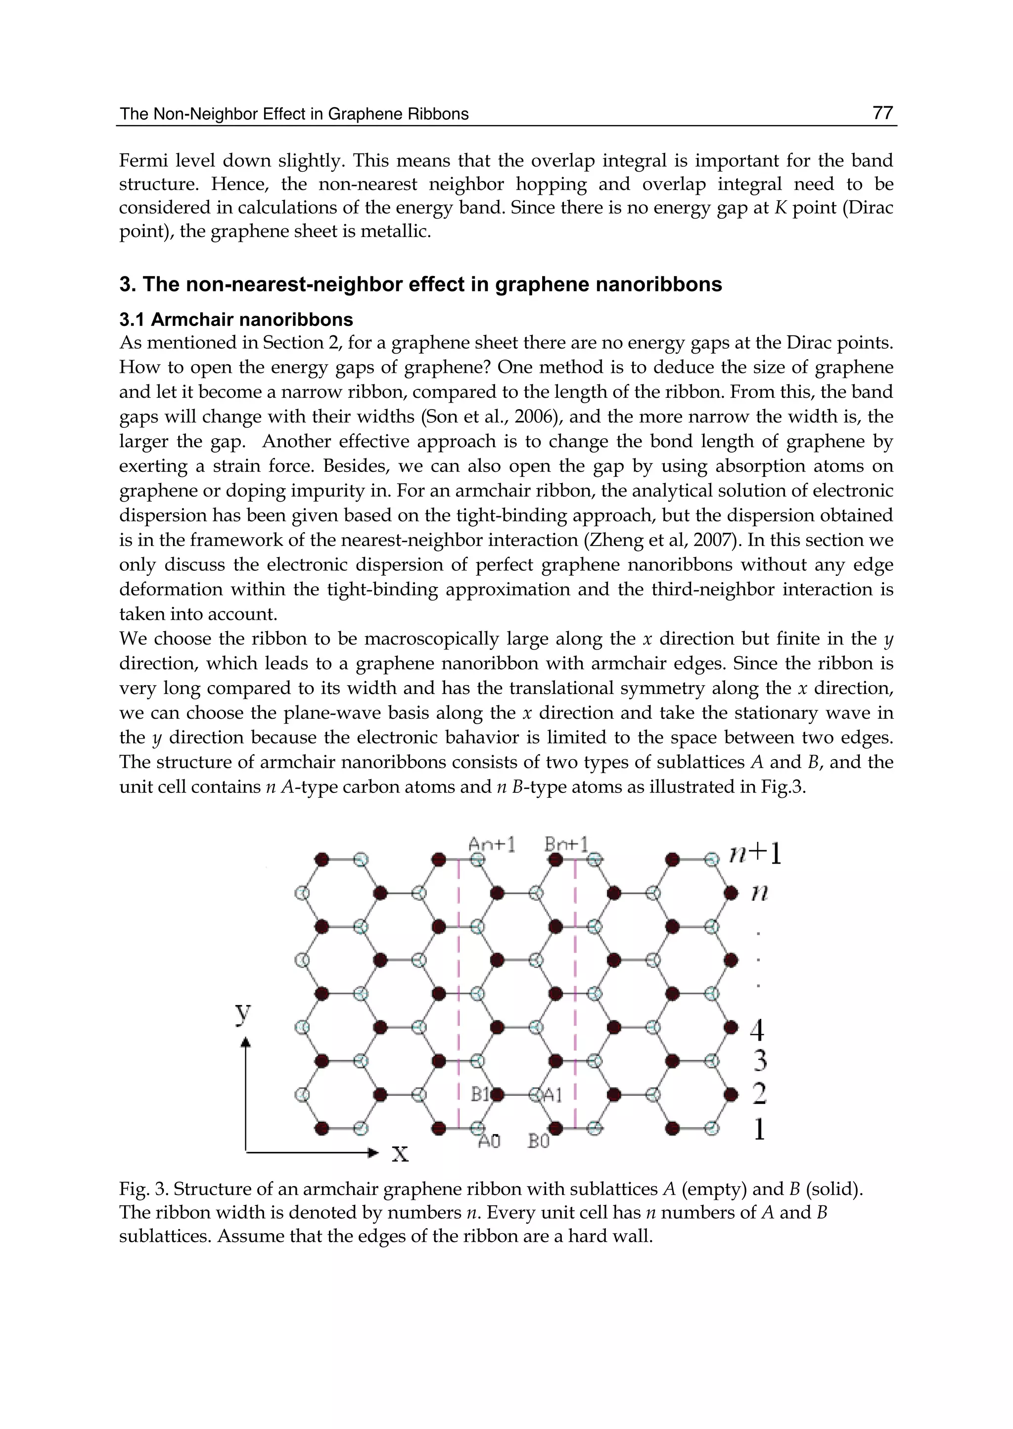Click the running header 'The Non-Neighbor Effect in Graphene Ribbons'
pos(294,114)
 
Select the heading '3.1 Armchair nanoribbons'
pos(236,320)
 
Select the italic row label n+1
pos(755,854)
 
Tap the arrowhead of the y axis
pos(246,1042)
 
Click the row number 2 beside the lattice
pos(758,1094)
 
